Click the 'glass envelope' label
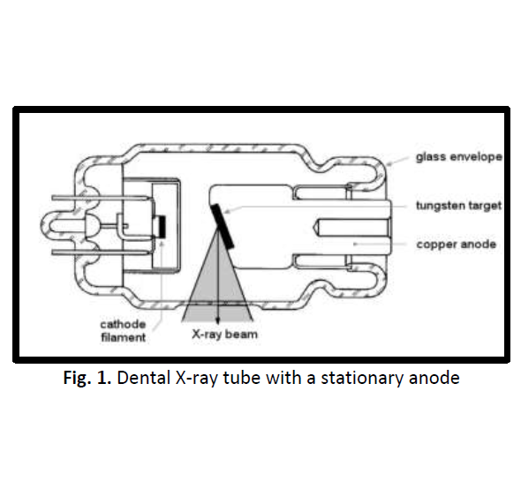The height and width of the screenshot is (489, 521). pos(459,157)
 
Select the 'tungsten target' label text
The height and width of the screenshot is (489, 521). pos(458,206)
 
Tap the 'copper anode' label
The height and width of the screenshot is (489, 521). pos(457,244)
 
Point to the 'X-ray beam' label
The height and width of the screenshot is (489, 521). pos(224,334)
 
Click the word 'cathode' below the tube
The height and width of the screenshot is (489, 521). pos(123,324)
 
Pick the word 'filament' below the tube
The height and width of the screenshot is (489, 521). pos(124,337)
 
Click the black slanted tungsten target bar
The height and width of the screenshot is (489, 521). pos(223,226)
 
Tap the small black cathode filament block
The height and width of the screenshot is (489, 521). pos(162,227)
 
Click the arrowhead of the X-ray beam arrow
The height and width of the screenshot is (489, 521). pos(218,320)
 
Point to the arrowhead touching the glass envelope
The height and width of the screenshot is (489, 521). pos(390,163)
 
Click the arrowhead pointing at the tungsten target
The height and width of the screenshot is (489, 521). pos(227,210)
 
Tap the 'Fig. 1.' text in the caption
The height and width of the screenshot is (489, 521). pos(87,378)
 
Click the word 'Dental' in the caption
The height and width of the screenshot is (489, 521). pos(144,378)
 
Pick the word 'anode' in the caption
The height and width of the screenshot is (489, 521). pos(434,379)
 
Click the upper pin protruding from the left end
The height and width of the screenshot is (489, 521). pos(100,198)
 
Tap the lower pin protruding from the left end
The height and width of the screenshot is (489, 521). pos(100,252)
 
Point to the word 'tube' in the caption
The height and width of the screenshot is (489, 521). pos(241,378)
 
